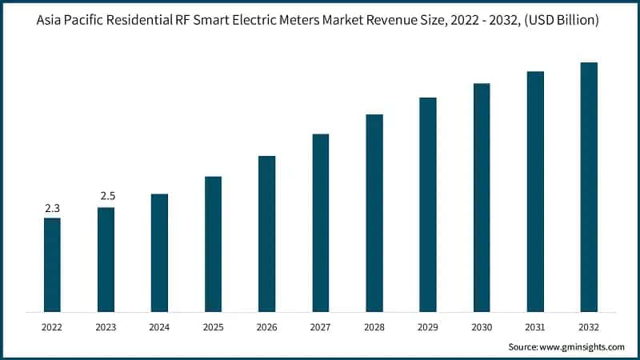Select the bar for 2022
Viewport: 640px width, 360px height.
pos(52,265)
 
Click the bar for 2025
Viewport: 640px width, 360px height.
pos(213,244)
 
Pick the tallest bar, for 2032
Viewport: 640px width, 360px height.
pos(589,187)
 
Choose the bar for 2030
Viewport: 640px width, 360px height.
pos(482,198)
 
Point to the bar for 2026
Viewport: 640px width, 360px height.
pos(266,234)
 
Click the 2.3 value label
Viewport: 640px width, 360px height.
pos(52,208)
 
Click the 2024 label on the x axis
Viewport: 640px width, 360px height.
pos(159,326)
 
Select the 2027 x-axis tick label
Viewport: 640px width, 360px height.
pos(320,326)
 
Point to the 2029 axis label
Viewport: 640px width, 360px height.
pos(428,326)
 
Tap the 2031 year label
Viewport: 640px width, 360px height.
pos(535,326)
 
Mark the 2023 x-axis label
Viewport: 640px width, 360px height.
pos(106,326)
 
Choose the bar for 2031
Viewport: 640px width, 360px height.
pos(535,192)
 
